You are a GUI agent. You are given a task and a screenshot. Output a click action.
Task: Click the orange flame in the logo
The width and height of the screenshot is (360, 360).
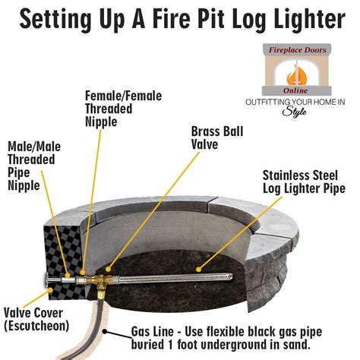point(296,74)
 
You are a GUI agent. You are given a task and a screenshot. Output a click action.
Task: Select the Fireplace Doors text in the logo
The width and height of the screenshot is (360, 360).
point(297,50)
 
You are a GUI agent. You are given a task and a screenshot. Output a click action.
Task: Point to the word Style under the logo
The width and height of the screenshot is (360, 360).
point(295,112)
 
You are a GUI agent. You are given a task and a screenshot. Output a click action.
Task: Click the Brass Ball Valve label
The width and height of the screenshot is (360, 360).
point(217,138)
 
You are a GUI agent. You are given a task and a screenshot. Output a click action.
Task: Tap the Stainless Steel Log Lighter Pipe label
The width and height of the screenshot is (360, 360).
point(304,182)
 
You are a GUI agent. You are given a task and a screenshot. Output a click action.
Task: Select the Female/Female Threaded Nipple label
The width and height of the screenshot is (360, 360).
point(123,109)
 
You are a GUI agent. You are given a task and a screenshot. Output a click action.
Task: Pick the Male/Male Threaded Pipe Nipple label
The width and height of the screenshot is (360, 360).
point(34,166)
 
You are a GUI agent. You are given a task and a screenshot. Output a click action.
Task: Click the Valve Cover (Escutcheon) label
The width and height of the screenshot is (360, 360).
point(36,320)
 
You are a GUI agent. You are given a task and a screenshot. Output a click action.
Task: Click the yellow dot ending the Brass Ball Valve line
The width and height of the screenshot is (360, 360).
point(108,269)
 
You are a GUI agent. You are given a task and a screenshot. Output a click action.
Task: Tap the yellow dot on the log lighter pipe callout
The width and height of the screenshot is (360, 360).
point(199,270)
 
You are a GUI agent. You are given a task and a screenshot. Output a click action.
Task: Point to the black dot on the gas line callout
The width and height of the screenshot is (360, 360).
point(105,331)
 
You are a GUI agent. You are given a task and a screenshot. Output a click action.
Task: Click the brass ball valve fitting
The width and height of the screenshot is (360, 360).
point(101,282)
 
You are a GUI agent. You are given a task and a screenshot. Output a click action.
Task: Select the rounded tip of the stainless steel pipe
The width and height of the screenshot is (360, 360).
point(230,276)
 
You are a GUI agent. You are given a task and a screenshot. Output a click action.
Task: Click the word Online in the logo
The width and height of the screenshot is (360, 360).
point(295,90)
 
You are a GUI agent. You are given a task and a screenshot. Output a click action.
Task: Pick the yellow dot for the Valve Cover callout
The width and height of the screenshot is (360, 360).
point(50,290)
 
